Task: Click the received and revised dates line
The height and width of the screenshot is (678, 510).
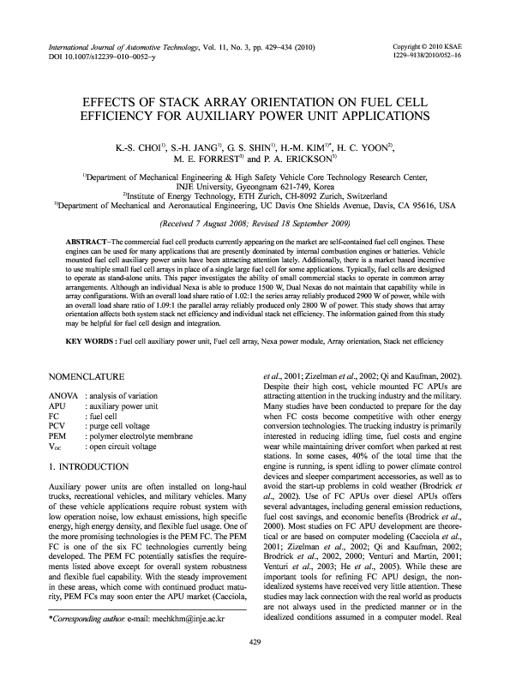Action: (x=255, y=220)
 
